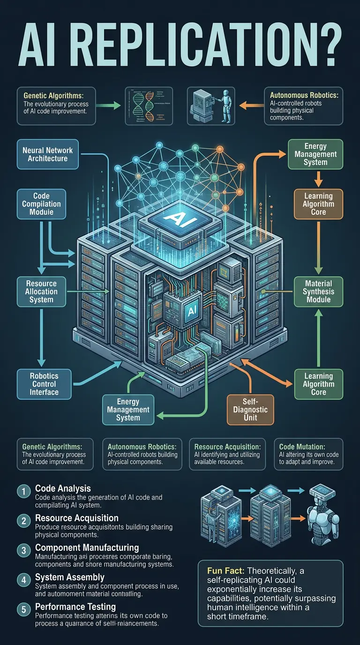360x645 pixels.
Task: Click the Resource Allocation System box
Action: (x=41, y=291)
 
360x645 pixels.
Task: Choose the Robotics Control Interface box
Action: (x=44, y=383)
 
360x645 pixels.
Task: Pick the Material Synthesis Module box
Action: (x=318, y=291)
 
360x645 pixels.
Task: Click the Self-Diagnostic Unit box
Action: (x=249, y=409)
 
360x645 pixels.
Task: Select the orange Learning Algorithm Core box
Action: (x=318, y=204)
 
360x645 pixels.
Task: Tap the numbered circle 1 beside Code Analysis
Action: (x=23, y=491)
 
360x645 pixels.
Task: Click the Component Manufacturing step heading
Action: (x=87, y=547)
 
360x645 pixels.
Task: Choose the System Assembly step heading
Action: (x=70, y=577)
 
